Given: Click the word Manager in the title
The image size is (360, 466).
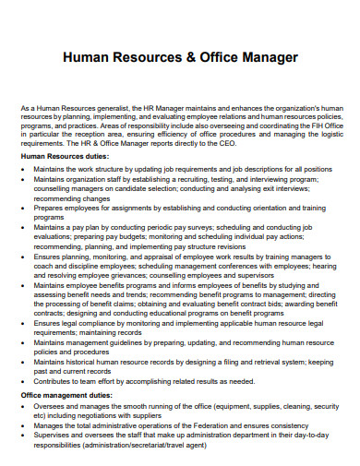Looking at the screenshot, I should [x=265, y=57].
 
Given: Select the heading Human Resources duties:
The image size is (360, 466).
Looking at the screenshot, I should [x=66, y=157].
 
